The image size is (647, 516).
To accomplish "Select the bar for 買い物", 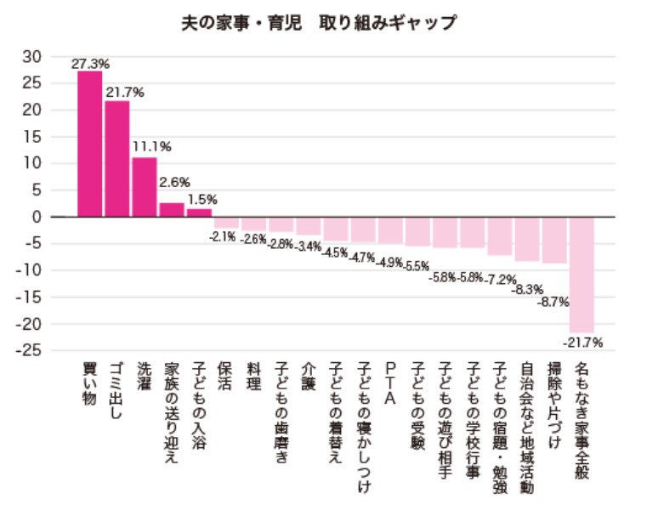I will coord(89,144).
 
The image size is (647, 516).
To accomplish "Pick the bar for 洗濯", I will coord(145,187).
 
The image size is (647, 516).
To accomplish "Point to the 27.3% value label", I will coord(91,64).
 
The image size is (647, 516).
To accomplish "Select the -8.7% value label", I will coord(553,302).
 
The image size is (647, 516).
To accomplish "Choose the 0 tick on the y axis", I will coord(36,217).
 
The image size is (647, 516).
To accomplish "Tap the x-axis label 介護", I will coord(308,375).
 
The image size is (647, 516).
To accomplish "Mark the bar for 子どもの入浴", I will coord(199,213).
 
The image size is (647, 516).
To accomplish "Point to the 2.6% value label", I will coord(174,182).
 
